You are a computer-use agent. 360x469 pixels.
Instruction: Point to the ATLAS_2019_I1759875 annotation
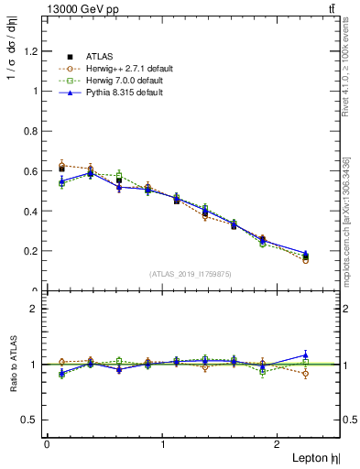(x=191, y=274)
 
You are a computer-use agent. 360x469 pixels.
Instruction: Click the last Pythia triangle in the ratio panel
(x=306, y=354)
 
